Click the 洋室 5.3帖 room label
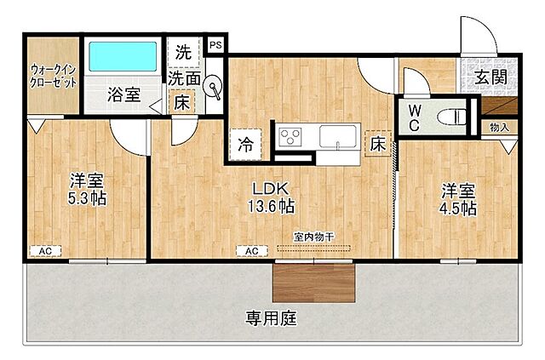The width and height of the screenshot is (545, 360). [x=86, y=189]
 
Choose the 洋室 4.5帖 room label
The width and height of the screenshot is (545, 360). [x=457, y=197]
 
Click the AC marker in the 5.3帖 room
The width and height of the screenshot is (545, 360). [x=44, y=251]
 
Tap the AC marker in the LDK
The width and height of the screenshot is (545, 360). [x=252, y=251]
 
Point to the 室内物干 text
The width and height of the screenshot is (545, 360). [x=313, y=237]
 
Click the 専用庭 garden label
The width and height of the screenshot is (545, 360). [x=271, y=319]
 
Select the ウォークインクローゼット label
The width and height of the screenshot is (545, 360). [x=53, y=76]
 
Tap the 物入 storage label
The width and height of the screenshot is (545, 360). [x=499, y=128]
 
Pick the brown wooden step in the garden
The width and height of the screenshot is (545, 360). [x=313, y=281]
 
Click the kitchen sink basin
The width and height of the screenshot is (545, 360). [x=340, y=136]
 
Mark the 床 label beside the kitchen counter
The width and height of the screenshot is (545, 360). [x=377, y=145]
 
